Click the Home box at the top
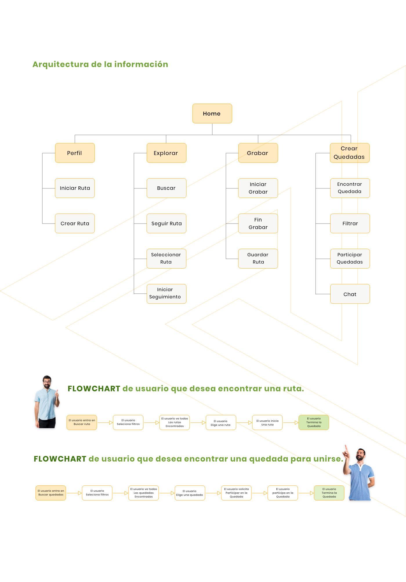[x=212, y=113]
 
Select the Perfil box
[x=75, y=153]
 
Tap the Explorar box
[x=166, y=153]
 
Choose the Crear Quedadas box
[x=350, y=153]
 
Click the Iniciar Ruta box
[x=75, y=188]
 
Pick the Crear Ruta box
[x=75, y=224]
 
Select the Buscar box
[x=166, y=188]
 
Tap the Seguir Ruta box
[x=166, y=224]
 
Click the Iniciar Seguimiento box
[x=166, y=294]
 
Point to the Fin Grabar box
[x=258, y=224]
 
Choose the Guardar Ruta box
[x=258, y=259]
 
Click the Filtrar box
[x=350, y=224]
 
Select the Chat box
[x=350, y=294]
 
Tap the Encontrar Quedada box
[x=350, y=188]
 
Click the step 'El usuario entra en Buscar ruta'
[x=82, y=422]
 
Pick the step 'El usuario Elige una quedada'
[x=190, y=493]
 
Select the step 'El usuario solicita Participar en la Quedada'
[x=236, y=493]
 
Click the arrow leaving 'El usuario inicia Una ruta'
[x=291, y=423]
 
